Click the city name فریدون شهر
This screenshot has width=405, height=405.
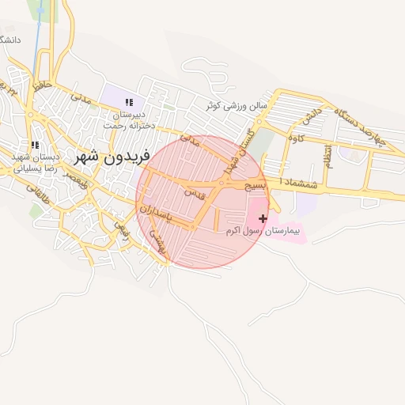(100, 156)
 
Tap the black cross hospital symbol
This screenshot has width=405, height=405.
(263, 218)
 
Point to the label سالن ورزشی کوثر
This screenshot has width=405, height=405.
(237, 105)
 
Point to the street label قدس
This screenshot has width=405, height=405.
(194, 192)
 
